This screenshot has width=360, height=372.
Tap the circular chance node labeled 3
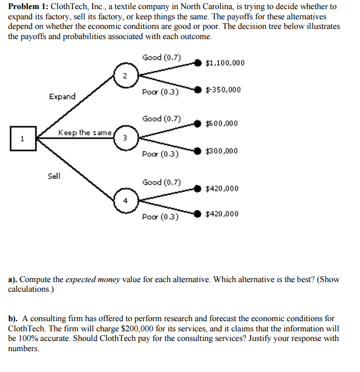tap(125, 138)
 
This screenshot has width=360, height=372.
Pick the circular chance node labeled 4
tap(125, 201)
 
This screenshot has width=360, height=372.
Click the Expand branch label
tap(62, 97)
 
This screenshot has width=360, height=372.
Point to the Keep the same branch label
tap(85, 132)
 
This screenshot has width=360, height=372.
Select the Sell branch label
tap(54, 176)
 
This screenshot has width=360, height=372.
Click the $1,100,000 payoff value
tap(225, 63)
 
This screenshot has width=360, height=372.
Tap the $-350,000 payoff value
tap(223, 89)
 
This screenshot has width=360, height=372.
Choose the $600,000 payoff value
tap(222, 124)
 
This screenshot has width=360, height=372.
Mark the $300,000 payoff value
tap(222, 151)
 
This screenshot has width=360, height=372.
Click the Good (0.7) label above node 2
tap(162, 57)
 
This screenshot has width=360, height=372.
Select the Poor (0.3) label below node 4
tap(161, 217)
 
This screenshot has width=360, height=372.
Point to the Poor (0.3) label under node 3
tap(161, 155)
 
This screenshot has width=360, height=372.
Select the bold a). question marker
tap(12, 279)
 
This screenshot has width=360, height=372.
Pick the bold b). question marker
tap(13, 318)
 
